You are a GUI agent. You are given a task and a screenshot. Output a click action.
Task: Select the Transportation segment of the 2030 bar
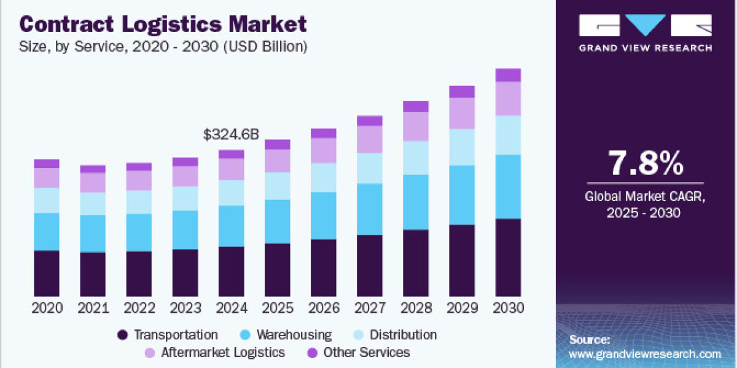508,258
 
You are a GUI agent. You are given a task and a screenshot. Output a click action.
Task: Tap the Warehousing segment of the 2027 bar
369,209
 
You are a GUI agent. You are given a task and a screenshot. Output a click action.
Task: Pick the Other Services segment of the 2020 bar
47,164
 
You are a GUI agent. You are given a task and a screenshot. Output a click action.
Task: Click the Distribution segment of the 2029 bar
462,147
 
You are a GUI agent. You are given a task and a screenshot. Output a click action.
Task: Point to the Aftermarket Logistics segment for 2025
277,161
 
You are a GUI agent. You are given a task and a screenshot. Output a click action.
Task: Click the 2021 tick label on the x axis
93,308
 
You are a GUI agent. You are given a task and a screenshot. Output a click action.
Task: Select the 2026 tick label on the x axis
323,308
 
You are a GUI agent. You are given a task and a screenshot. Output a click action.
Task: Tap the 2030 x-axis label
508,308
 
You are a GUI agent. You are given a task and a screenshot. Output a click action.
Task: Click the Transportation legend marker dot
123,335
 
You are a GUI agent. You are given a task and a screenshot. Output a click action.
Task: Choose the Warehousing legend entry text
294,335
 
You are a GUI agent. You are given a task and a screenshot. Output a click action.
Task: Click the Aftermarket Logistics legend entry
223,353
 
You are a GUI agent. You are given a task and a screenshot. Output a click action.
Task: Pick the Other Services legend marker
312,353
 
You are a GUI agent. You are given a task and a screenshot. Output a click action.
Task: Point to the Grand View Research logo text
645,47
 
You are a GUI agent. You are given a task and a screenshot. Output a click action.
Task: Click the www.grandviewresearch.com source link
645,354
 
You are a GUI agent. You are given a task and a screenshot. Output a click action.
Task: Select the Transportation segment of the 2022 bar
139,274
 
